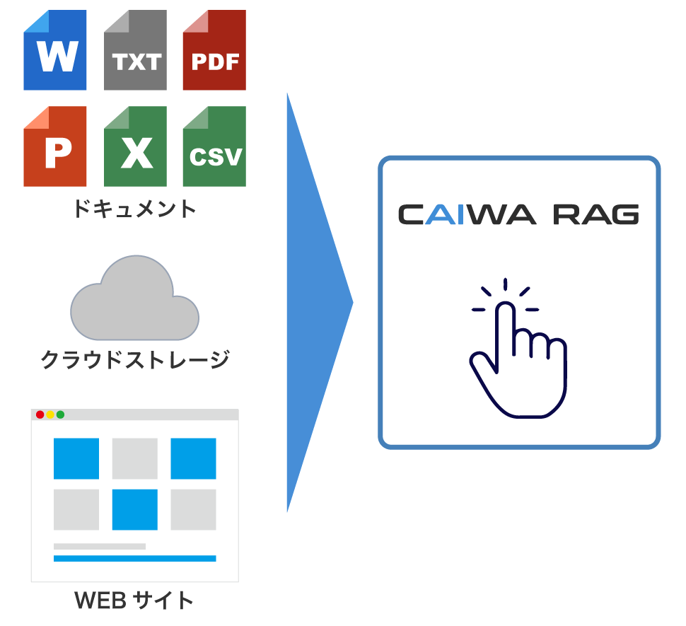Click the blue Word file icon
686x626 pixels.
tap(55, 51)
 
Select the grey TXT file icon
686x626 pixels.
tap(135, 51)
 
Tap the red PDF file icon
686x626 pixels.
tap(214, 51)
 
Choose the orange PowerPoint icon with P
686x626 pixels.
tap(55, 146)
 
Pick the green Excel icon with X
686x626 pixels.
tap(135, 146)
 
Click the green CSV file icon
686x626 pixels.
tap(214, 146)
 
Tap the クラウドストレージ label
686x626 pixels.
tap(134, 361)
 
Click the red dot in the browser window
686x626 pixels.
tap(40, 415)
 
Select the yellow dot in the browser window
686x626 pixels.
tap(50, 415)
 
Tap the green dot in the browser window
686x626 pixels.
tap(60, 415)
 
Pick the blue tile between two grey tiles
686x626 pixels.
tap(134, 509)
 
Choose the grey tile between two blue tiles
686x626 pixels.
tap(134, 458)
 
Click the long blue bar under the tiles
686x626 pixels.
tap(134, 559)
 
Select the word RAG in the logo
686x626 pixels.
tap(596, 214)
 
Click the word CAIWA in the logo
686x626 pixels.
tap(467, 214)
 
